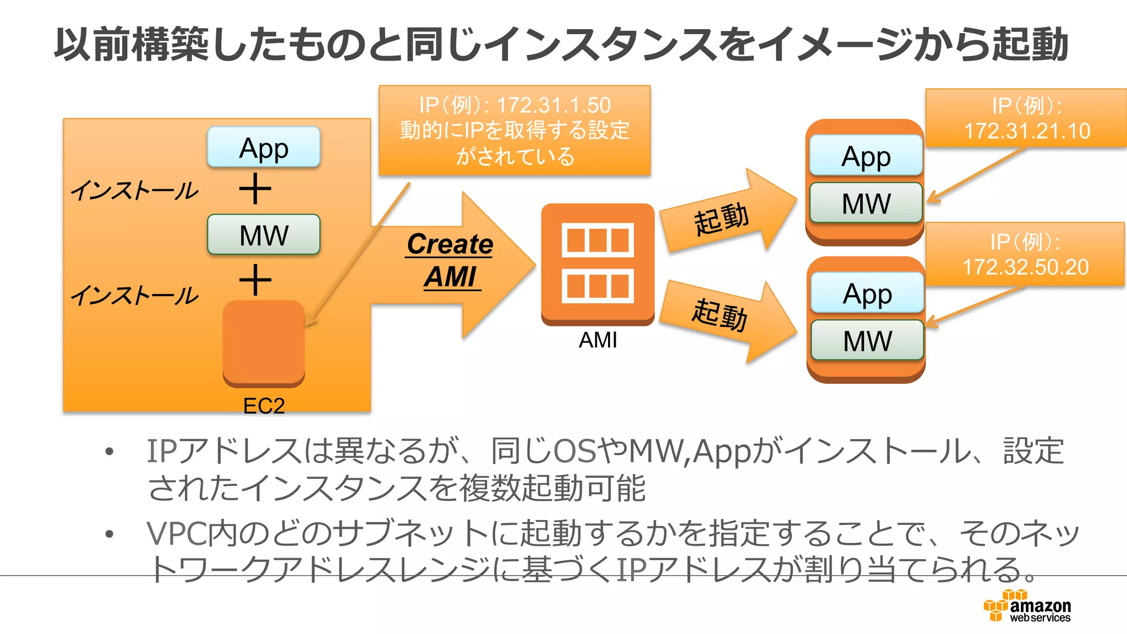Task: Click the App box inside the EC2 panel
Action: click(x=264, y=147)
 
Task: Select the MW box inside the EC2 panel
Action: click(x=264, y=235)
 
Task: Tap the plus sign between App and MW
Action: click(x=255, y=189)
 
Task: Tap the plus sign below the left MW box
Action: click(x=255, y=280)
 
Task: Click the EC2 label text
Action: click(x=264, y=406)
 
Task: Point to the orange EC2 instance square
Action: click(x=264, y=341)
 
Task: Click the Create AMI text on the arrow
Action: click(x=450, y=260)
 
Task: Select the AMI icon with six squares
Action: click(x=598, y=263)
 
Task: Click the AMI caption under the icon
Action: click(x=598, y=340)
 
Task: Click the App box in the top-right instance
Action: click(x=866, y=156)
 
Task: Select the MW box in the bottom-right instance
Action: click(x=867, y=341)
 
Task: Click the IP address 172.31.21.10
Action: click(x=1027, y=131)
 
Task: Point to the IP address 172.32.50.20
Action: click(x=1025, y=267)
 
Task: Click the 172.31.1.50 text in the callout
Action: click(x=554, y=105)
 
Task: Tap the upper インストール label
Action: click(x=134, y=190)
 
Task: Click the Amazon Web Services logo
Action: click(x=1027, y=606)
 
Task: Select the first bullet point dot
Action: click(x=110, y=452)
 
